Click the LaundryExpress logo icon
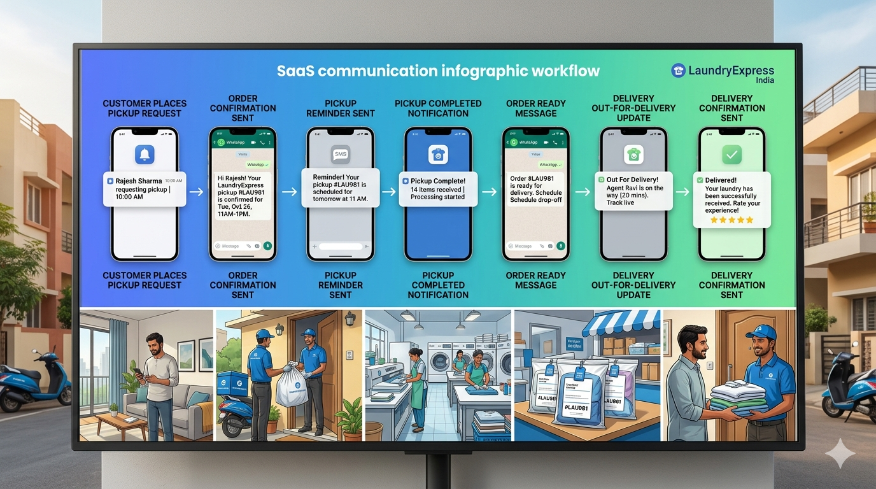click(679, 71)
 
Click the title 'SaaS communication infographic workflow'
click(438, 71)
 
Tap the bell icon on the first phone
click(145, 155)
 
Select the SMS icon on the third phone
click(341, 154)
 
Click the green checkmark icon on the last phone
click(731, 155)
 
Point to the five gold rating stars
click(731, 220)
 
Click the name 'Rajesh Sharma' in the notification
click(139, 181)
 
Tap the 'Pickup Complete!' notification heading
click(438, 181)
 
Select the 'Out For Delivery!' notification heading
click(632, 180)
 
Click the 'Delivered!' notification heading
click(721, 180)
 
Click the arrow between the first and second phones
click(197, 191)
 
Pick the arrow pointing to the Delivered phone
click(682, 191)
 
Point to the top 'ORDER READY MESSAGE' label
click(535, 108)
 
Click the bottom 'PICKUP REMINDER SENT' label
click(341, 285)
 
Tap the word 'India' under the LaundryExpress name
click(765, 81)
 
